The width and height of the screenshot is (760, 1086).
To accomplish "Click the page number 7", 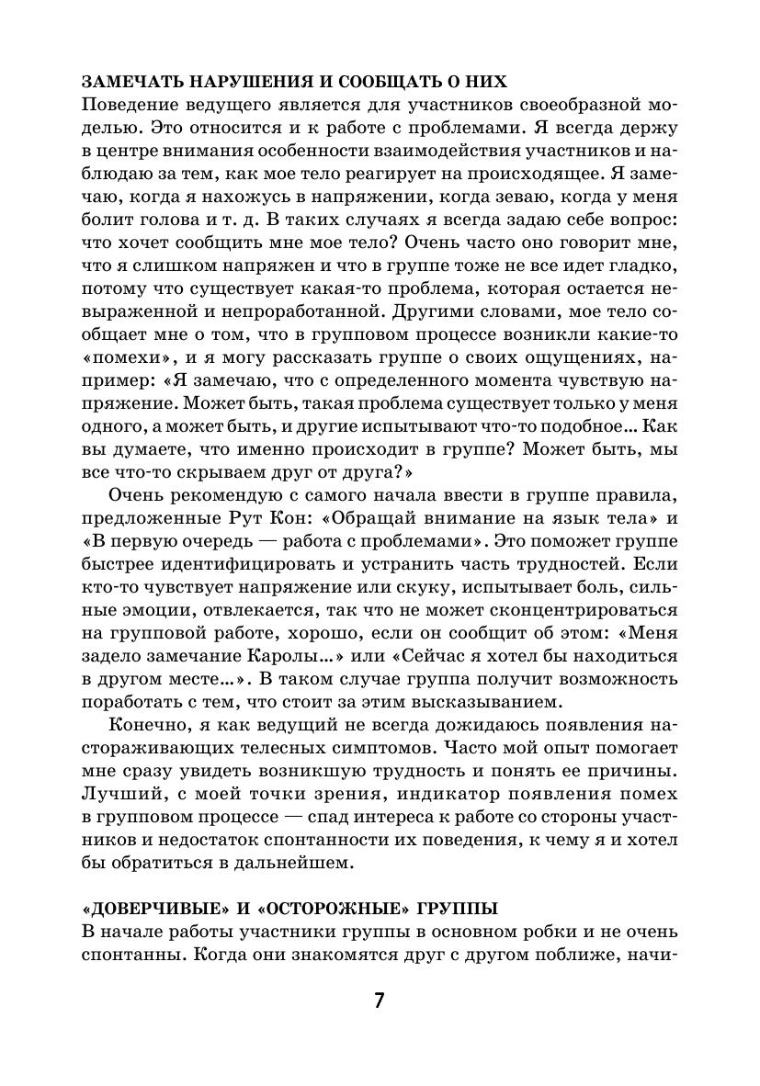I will coord(379,1001).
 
